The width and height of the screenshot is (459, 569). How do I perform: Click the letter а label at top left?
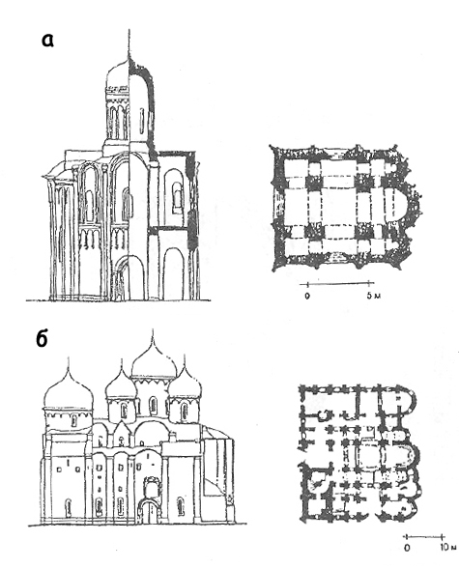[47, 40]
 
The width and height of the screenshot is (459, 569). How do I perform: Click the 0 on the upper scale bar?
[307, 296]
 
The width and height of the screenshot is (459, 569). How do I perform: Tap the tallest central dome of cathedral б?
[155, 363]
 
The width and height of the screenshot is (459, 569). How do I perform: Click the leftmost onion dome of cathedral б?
[69, 394]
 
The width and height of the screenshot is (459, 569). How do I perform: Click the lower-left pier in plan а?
[314, 232]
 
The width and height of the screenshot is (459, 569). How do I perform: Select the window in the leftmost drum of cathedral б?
[73, 420]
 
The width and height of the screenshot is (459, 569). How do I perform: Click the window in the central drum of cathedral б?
[154, 406]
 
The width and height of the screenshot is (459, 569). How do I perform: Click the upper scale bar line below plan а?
[338, 283]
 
